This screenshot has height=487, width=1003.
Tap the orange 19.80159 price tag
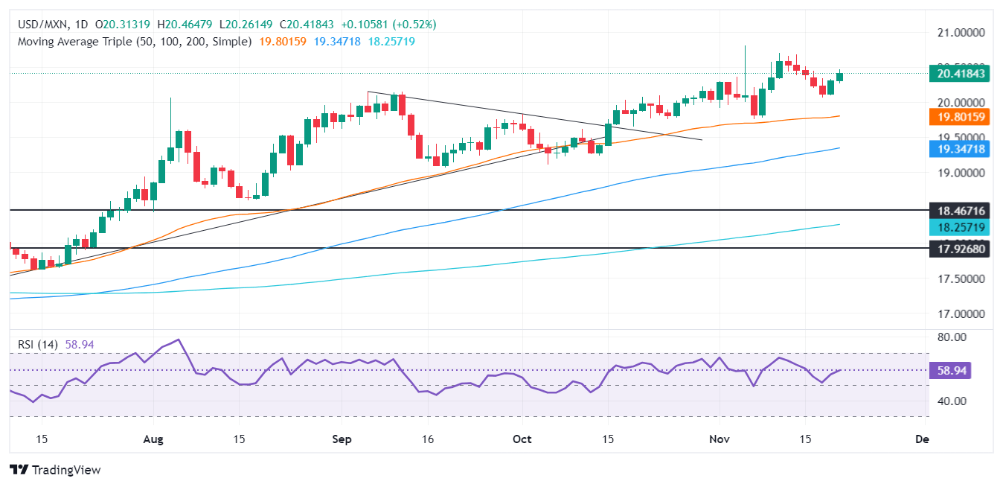pos(960,117)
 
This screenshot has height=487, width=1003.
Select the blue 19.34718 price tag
pos(960,149)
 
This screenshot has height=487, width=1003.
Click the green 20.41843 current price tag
pos(960,73)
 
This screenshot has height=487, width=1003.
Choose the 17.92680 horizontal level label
pos(960,249)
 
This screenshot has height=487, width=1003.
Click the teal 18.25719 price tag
pos(960,226)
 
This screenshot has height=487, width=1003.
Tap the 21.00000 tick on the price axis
pos(960,33)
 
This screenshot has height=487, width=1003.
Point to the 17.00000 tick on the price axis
pos(960,313)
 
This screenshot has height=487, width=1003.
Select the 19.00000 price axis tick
pos(960,173)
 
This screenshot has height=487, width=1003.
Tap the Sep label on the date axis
pos(342,439)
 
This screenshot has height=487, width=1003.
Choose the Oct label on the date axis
pos(522,439)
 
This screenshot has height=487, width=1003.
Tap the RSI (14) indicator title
pos(35,345)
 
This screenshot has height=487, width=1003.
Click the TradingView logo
pos(55,470)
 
